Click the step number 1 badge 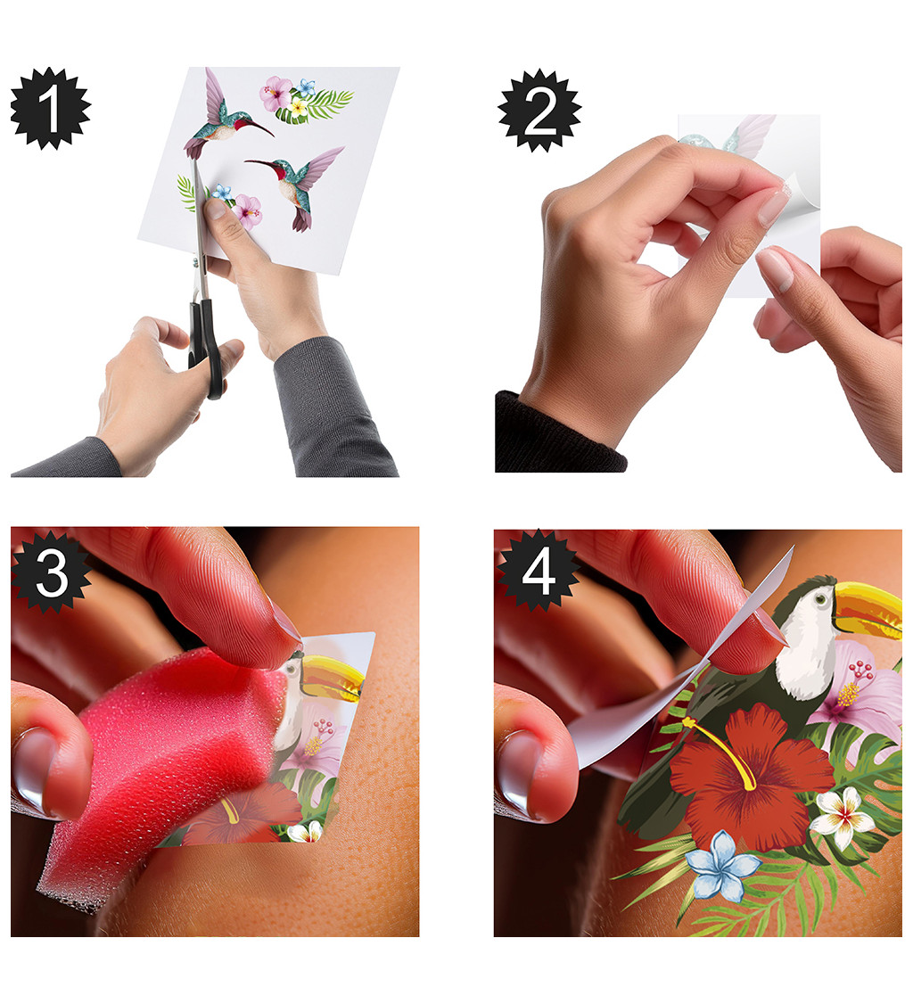pyautogui.click(x=51, y=109)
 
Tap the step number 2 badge pyautogui.click(x=539, y=111)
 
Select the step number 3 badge pyautogui.click(x=51, y=572)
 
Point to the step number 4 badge pyautogui.click(x=539, y=570)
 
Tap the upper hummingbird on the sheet pyautogui.click(x=224, y=115)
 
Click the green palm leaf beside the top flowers pyautogui.click(x=320, y=106)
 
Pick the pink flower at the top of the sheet pyautogui.click(x=276, y=94)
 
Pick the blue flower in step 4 pyautogui.click(x=723, y=865)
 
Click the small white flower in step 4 pyautogui.click(x=843, y=817)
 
